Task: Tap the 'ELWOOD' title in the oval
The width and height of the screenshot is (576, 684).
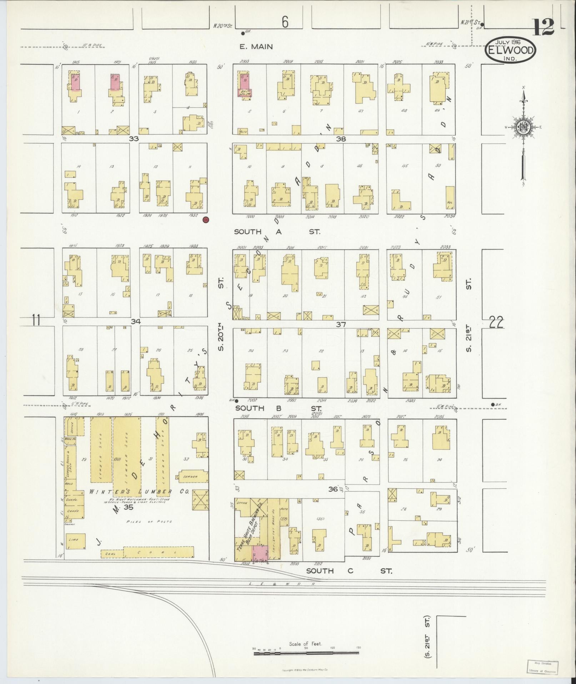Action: [x=510, y=50]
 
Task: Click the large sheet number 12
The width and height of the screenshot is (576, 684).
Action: [x=544, y=27]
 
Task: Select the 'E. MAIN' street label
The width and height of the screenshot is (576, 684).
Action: [x=256, y=46]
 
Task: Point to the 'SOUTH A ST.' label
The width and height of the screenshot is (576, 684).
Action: [x=277, y=232]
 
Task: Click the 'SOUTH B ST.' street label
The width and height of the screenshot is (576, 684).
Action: [x=278, y=408]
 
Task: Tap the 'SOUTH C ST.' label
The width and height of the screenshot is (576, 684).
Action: [x=349, y=571]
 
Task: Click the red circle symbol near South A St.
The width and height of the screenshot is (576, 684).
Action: [x=205, y=220]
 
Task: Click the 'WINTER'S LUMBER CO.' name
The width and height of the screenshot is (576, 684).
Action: [x=139, y=491]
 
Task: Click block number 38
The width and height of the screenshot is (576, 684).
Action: [x=341, y=139]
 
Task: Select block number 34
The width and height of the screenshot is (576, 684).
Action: [x=135, y=321]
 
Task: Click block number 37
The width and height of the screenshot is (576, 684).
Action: [x=341, y=325]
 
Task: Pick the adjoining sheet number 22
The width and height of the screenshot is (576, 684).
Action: [x=496, y=323]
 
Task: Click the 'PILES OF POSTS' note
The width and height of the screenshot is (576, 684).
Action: [x=149, y=522]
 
